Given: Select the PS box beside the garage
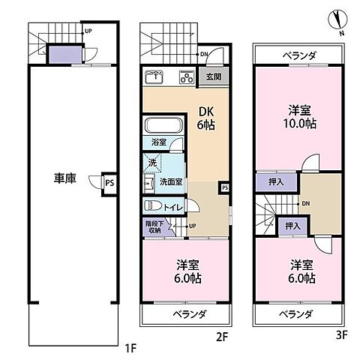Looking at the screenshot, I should [x=109, y=181].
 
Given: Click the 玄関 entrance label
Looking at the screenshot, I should [x=213, y=76].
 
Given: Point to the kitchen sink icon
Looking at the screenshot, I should [x=154, y=76].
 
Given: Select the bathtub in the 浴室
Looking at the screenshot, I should [x=158, y=125].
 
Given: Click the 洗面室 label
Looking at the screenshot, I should [x=171, y=181].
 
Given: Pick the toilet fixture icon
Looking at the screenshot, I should [x=151, y=205].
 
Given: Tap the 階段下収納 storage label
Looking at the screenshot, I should [x=153, y=226].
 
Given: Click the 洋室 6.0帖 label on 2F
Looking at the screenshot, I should [x=187, y=271].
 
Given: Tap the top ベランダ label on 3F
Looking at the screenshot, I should [x=298, y=55].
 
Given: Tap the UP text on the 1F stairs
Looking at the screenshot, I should [x=88, y=31].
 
